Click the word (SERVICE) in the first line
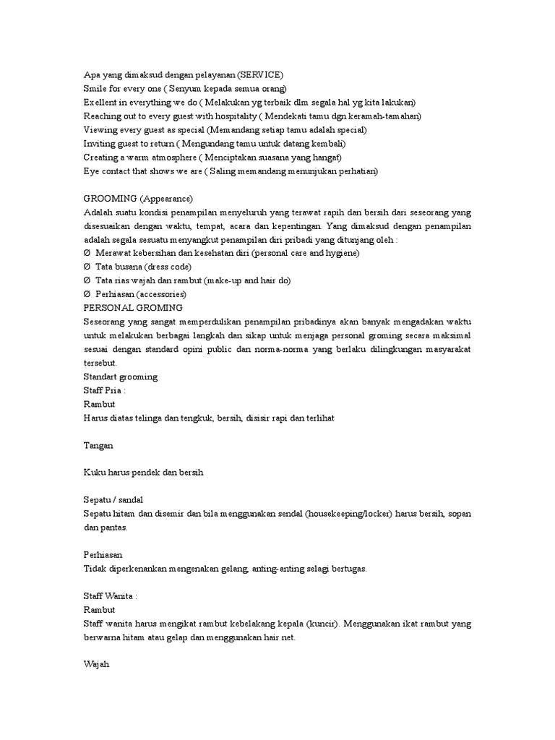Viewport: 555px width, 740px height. pyautogui.click(x=260, y=74)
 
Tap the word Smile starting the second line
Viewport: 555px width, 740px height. pyautogui.click(x=95, y=88)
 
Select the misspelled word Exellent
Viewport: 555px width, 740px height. pyautogui.click(x=100, y=102)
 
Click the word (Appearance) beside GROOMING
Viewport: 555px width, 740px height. pyautogui.click(x=166, y=199)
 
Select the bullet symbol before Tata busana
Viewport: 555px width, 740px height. pyautogui.click(x=87, y=267)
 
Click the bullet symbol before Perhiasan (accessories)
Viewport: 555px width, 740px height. pyautogui.click(x=87, y=294)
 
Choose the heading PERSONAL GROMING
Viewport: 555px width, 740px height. pyautogui.click(x=133, y=308)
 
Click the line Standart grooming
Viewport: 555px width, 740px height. pyautogui.click(x=121, y=377)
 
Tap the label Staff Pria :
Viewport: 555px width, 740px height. pyautogui.click(x=105, y=391)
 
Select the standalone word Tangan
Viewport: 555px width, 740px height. pyautogui.click(x=98, y=446)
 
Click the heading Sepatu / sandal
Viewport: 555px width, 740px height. pyautogui.click(x=117, y=500)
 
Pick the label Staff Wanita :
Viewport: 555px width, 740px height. pyautogui.click(x=111, y=596)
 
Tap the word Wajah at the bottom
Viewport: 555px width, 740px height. pyautogui.click(x=96, y=664)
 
